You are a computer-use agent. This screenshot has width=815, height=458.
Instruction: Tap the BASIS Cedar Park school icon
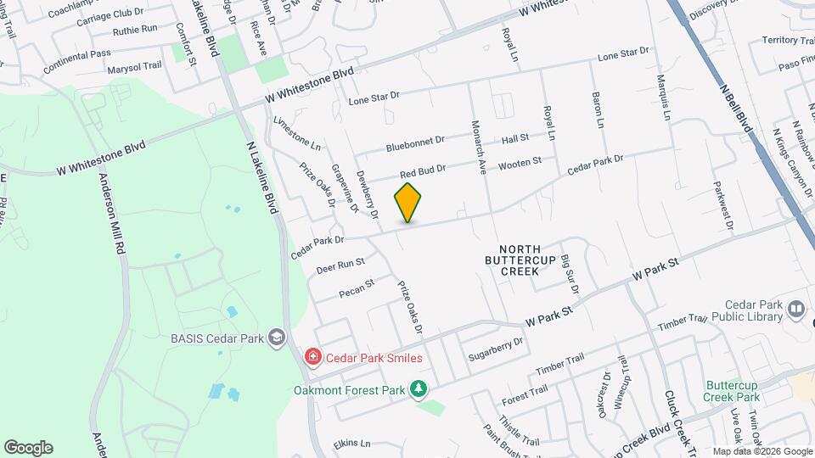pos(275,338)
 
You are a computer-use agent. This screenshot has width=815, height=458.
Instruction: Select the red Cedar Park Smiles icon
pos(313,358)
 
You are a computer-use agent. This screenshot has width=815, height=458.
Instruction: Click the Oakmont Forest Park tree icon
pos(418,389)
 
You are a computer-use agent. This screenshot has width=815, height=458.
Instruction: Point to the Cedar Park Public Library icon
pos(795,310)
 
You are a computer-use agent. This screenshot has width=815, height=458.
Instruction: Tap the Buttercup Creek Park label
pos(732,390)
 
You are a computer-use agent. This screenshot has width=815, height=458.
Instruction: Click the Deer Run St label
pos(340,266)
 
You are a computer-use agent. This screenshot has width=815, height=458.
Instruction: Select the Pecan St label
pos(357,288)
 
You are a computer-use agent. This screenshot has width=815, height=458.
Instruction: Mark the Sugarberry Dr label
pos(496,349)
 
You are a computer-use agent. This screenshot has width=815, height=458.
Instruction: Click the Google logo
pos(28,448)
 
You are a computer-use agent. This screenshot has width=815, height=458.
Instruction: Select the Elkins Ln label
pos(352,444)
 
